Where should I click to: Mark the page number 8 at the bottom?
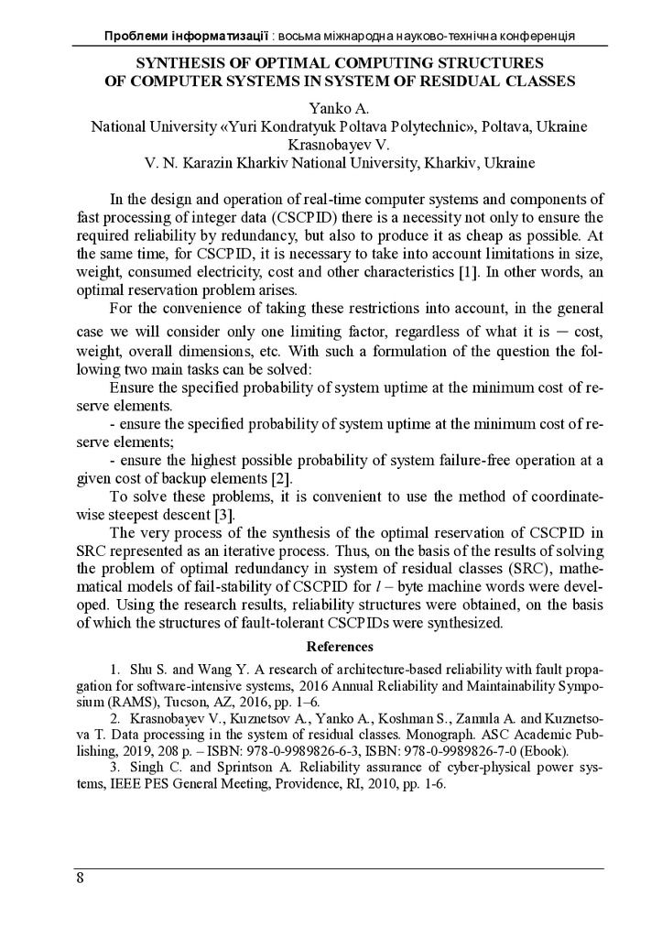click(81, 879)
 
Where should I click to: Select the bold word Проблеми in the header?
click(137, 35)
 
